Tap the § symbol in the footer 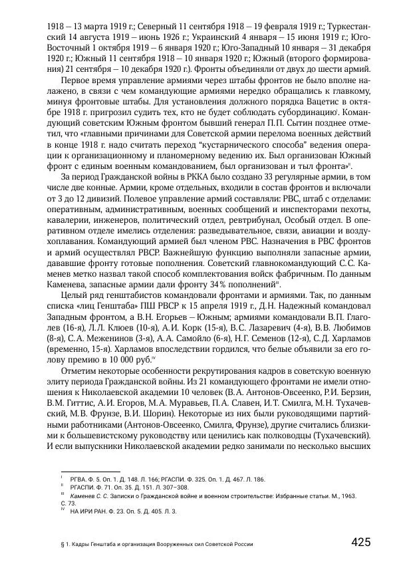click(62, 544)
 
